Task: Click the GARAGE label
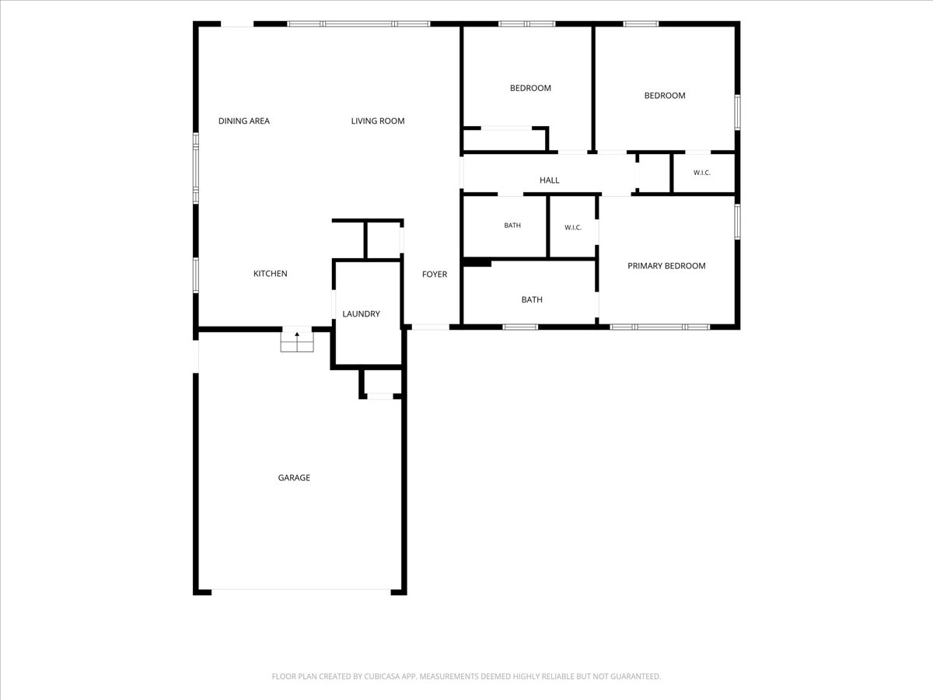294,478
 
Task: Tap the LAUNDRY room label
361,313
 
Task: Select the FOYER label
435,274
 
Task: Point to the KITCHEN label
271,273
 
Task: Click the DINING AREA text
244,121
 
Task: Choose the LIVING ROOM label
378,121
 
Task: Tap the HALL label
549,180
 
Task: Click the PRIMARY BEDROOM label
666,266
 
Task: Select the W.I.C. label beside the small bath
573,227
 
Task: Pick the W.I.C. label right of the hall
702,173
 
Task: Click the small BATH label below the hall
512,226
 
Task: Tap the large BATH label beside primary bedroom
532,299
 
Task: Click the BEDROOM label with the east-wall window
665,96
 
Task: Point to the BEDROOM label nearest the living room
530,88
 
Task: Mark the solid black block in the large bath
477,263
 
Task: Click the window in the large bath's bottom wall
520,327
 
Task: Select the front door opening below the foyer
431,327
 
